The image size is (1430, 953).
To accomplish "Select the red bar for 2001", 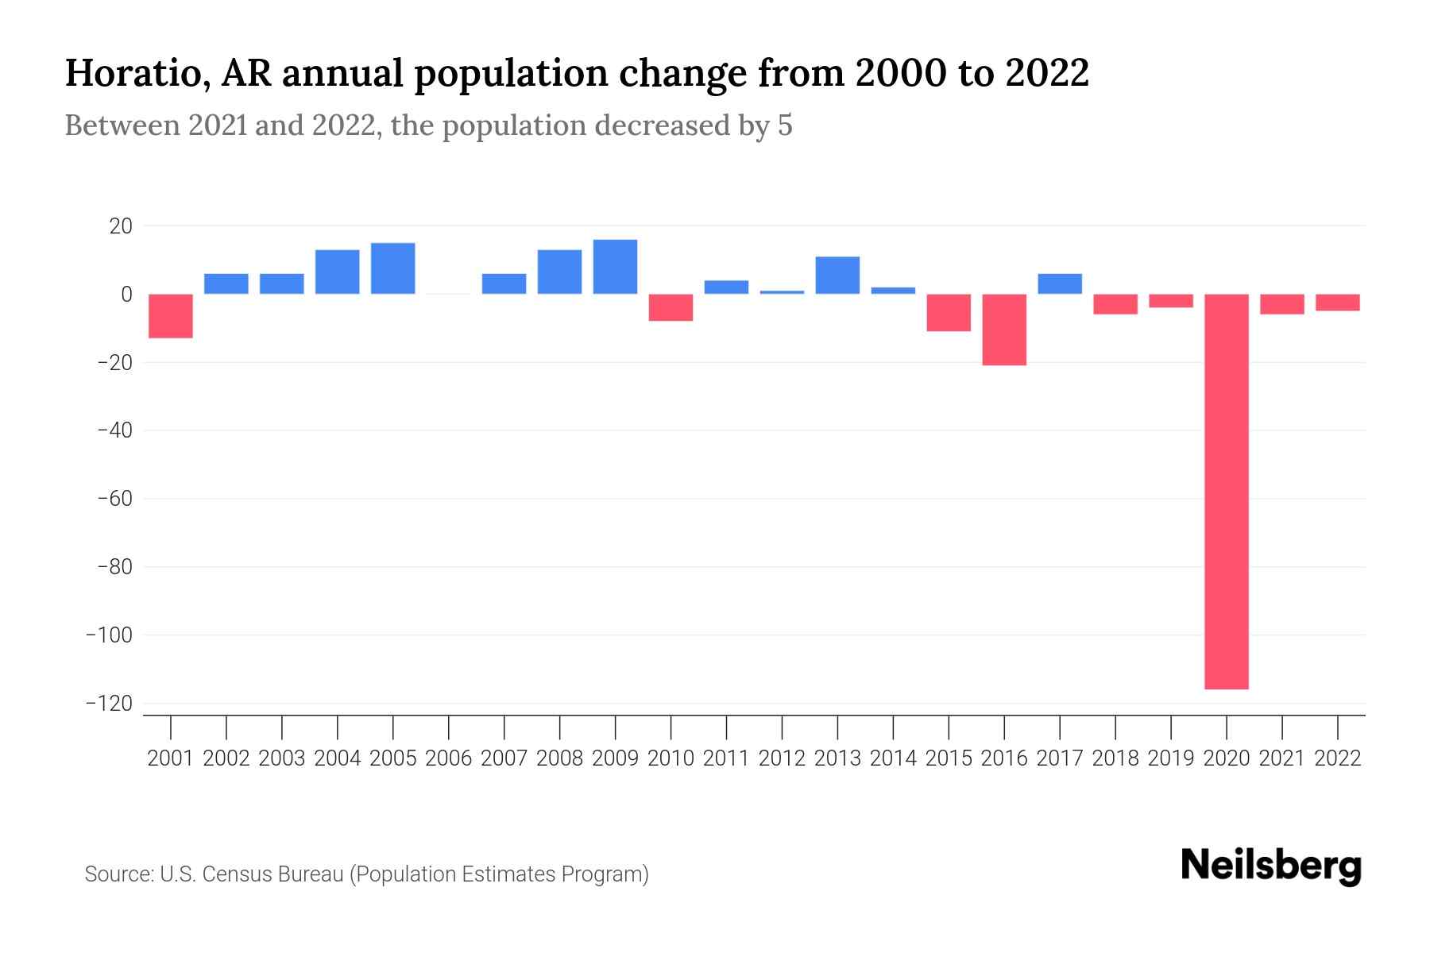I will click(x=171, y=316).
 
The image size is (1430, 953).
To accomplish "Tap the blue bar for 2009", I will click(x=615, y=267).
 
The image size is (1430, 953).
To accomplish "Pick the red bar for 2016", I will click(x=1004, y=330).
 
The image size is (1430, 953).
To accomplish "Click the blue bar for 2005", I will click(x=393, y=268).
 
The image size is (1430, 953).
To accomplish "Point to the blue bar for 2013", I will click(x=837, y=275).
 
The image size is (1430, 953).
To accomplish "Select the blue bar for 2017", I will click(x=1060, y=284).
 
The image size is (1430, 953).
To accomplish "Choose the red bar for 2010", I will click(x=671, y=307).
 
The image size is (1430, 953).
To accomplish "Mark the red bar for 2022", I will click(x=1337, y=303).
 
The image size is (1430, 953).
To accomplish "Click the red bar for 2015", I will click(x=949, y=312).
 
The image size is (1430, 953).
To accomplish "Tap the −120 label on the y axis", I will click(x=114, y=704).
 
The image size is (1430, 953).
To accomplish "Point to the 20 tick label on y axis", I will click(x=121, y=226).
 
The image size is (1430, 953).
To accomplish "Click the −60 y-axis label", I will click(x=114, y=499).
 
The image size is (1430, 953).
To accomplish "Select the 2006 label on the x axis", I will click(x=449, y=758).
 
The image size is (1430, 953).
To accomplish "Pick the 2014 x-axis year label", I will click(x=893, y=758).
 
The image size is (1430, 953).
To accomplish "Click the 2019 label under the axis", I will click(x=1170, y=758).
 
